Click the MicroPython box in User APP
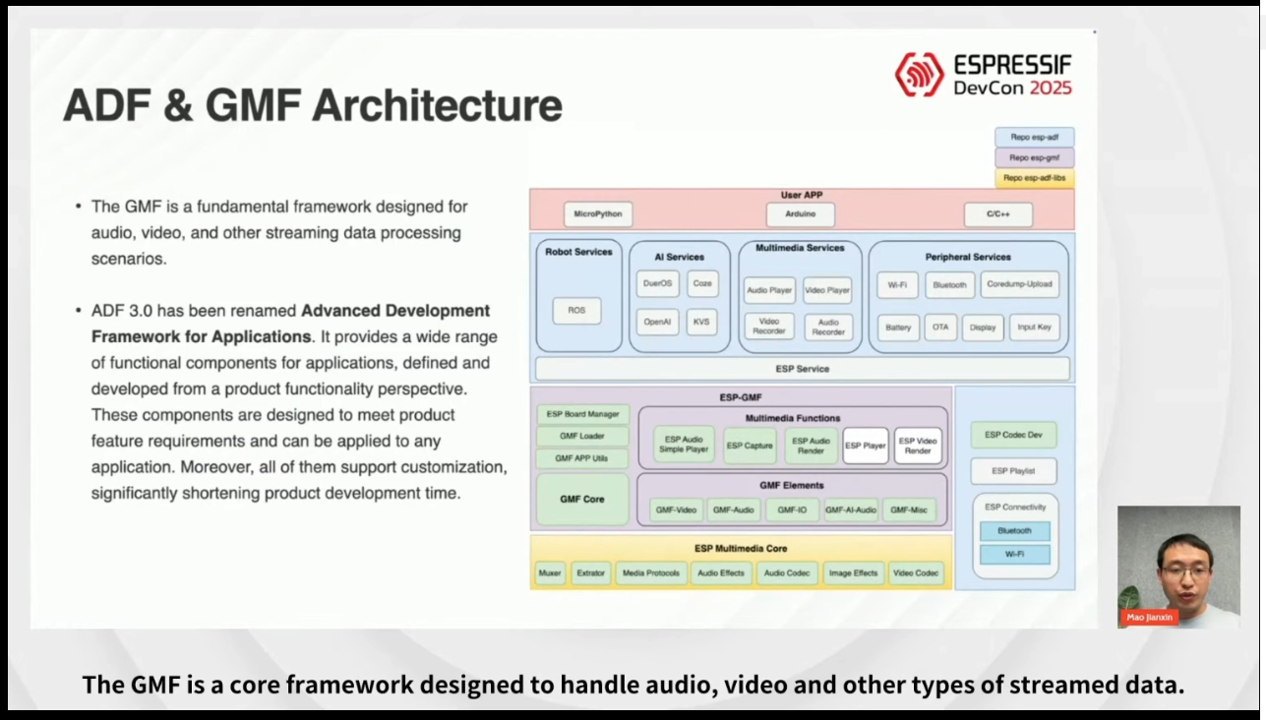(598, 213)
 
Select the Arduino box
(801, 213)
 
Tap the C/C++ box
(997, 213)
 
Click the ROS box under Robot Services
(576, 311)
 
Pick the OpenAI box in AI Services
(657, 322)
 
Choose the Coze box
(702, 283)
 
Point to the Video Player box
(827, 290)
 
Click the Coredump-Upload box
(1020, 284)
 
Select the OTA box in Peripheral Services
(940, 327)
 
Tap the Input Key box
(1034, 327)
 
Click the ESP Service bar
(802, 369)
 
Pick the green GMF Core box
(582, 499)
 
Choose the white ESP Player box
(866, 446)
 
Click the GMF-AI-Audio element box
(850, 510)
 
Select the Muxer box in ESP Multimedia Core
(550, 572)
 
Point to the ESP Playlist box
(1013, 471)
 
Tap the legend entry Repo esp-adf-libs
(1034, 178)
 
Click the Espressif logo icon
(919, 75)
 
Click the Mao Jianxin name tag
(1150, 617)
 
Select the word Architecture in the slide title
(437, 106)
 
